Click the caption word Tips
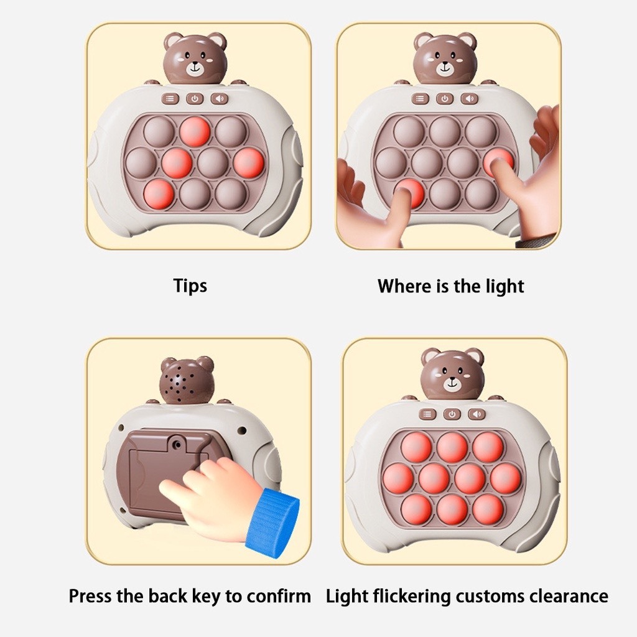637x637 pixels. click(190, 286)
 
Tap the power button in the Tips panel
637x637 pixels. click(195, 98)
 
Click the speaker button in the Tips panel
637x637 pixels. click(220, 98)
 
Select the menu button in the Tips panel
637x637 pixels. click(171, 98)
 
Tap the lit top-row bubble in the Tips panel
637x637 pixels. click(195, 132)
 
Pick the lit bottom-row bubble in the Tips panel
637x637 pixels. click(159, 193)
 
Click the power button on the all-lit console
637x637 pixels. click(452, 414)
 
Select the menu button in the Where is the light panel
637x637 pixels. click(421, 98)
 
